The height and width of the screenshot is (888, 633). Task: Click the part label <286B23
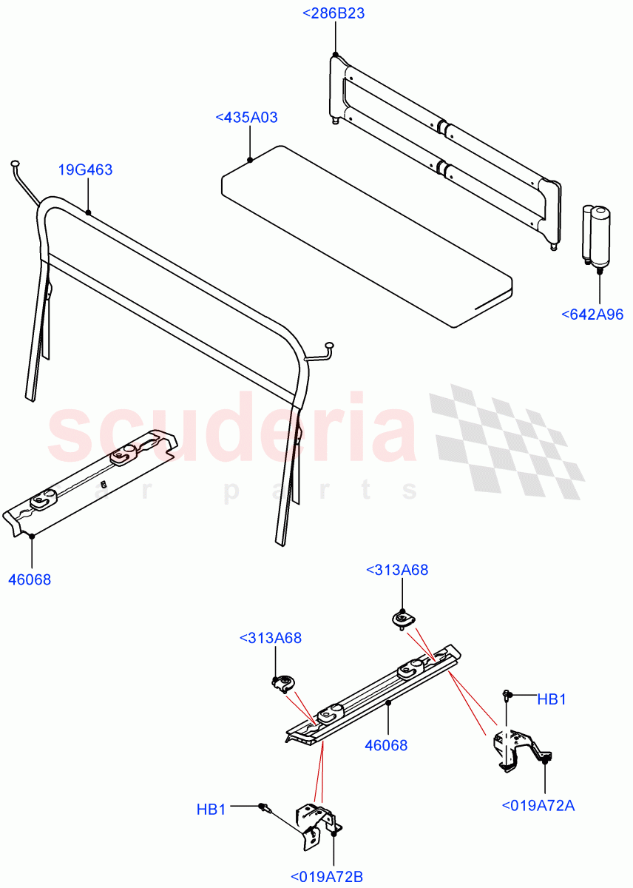click(x=334, y=13)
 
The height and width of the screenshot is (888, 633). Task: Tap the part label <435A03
click(x=246, y=117)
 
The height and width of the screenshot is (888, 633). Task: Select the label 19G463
click(x=86, y=170)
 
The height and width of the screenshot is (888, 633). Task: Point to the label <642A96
click(x=592, y=314)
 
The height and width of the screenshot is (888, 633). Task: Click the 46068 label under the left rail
click(x=30, y=579)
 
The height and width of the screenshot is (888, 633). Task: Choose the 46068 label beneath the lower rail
click(x=386, y=745)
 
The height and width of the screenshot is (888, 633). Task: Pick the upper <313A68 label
click(x=397, y=570)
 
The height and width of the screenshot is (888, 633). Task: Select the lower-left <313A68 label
click(x=271, y=638)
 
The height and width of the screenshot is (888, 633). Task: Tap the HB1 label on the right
click(x=552, y=699)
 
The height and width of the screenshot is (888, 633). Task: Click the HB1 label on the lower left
click(x=211, y=810)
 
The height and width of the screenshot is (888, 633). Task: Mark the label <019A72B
click(x=326, y=877)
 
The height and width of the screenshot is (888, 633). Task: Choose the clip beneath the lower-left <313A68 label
click(x=282, y=682)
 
